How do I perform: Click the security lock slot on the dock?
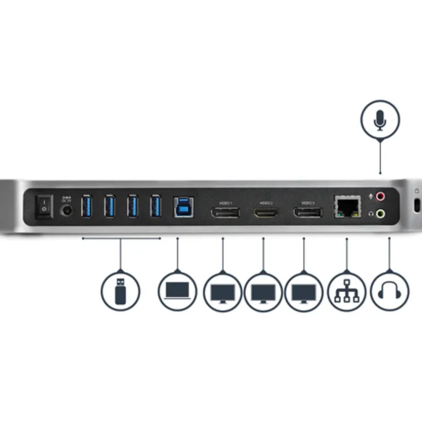417,207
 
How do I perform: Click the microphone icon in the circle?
380,119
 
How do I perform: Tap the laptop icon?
178,290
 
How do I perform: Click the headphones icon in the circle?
390,291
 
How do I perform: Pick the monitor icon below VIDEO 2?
263,292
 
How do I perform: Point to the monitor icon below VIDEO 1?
223,292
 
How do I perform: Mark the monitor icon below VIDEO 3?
304,292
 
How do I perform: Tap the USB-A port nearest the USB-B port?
156,207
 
